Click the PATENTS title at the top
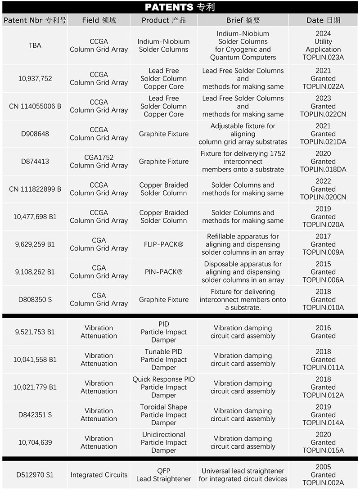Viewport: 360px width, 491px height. click(x=180, y=7)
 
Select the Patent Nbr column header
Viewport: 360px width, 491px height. click(x=35, y=20)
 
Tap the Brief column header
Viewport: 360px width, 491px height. click(x=243, y=20)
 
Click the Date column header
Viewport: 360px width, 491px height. click(x=323, y=20)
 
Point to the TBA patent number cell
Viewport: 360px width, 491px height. click(x=35, y=45)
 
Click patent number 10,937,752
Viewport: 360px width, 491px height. click(x=35, y=79)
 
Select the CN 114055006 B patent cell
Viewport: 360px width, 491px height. click(x=35, y=106)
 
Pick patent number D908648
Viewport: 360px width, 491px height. click(x=35, y=134)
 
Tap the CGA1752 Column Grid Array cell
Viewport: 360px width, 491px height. click(x=99, y=162)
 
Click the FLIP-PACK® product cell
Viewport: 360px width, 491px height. click(x=164, y=244)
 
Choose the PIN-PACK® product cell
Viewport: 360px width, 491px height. click(x=164, y=272)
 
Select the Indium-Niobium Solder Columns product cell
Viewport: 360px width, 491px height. click(x=164, y=45)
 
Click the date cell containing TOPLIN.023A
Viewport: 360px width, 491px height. click(x=323, y=45)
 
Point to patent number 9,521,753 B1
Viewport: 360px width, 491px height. click(x=35, y=332)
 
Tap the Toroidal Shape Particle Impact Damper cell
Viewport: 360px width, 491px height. click(x=164, y=415)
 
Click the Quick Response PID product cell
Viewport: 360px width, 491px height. click(x=164, y=387)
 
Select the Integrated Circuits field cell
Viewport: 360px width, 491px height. click(x=99, y=475)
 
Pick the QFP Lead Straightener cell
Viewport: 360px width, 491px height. click(x=164, y=475)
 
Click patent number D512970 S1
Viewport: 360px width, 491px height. click(x=35, y=475)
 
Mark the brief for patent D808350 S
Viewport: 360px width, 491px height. click(x=243, y=300)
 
